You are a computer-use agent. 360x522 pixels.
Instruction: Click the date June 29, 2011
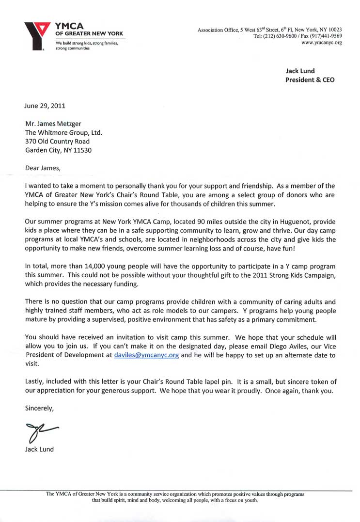[45, 105]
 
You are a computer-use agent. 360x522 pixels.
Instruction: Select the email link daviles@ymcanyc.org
[146, 355]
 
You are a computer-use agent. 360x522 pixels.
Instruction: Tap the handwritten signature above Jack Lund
[41, 430]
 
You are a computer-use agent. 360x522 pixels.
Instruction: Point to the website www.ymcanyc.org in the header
[322, 43]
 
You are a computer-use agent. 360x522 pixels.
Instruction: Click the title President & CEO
[310, 79]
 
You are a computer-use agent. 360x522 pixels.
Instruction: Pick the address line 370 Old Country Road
[57, 142]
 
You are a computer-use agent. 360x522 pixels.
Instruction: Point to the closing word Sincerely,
[39, 408]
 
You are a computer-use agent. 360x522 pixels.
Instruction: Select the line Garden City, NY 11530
[58, 150]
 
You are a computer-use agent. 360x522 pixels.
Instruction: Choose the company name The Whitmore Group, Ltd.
[63, 132]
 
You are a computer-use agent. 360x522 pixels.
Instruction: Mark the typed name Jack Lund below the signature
[39, 449]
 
